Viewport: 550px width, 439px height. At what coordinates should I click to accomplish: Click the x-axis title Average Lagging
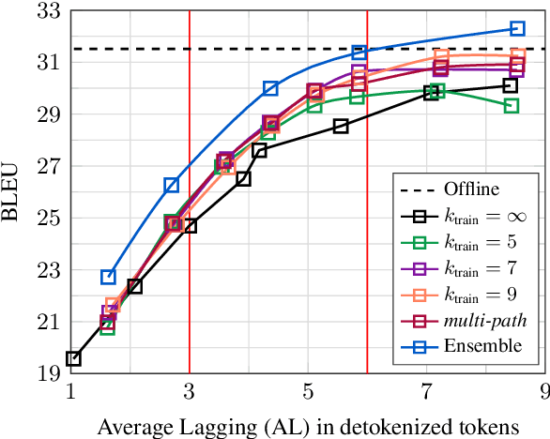click(x=308, y=424)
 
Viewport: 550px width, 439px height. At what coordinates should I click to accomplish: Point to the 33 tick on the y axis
click(x=47, y=11)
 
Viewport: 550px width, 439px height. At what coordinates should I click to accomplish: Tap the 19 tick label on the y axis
click(x=47, y=374)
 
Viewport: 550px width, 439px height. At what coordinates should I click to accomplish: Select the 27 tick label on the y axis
click(x=47, y=167)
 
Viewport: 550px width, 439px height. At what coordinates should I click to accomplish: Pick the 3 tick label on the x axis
click(x=190, y=391)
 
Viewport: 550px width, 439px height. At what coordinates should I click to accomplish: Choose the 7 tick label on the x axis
click(x=426, y=391)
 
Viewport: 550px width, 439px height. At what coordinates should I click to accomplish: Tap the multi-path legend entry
click(x=484, y=320)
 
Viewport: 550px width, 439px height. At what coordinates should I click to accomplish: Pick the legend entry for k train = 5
click(x=483, y=242)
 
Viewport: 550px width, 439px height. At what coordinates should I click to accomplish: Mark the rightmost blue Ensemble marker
click(x=517, y=29)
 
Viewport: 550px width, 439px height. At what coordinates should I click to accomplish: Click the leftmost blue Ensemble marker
click(x=109, y=277)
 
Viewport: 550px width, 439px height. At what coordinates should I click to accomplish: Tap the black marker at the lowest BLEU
click(x=73, y=358)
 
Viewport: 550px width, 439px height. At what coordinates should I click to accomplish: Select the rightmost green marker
click(x=512, y=106)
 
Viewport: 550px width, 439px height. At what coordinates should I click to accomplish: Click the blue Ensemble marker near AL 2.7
click(x=172, y=186)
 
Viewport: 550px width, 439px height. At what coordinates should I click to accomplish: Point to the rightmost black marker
click(x=510, y=85)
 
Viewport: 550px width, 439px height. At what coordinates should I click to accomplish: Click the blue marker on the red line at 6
click(x=359, y=53)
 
